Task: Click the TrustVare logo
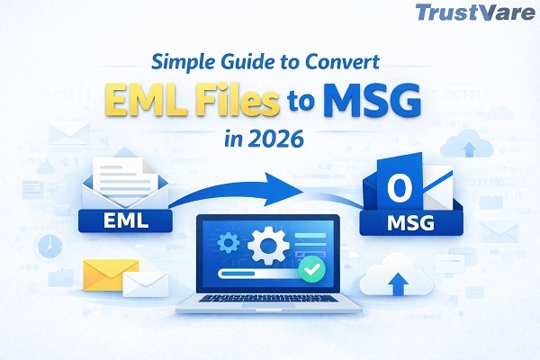pos(475,13)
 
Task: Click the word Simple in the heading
pos(183,62)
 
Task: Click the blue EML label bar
pos(125,220)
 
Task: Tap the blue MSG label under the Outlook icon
pos(411,223)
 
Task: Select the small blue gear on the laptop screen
pos(228,242)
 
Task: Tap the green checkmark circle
pos(312,269)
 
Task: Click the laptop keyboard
pos(268,299)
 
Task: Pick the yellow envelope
pos(111,274)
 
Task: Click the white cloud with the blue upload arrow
pos(396,276)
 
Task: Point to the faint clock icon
pos(50,247)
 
